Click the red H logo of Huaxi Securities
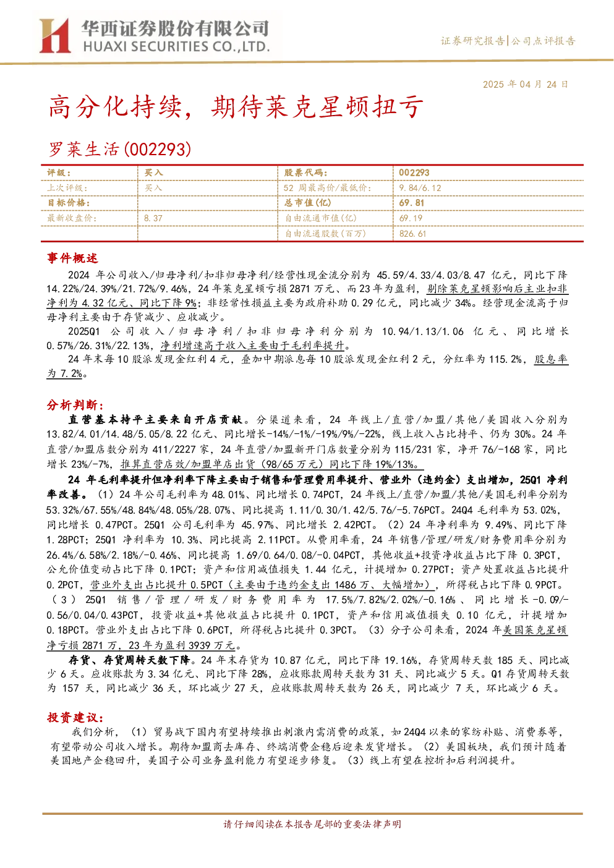(54, 36)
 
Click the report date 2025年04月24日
(525, 85)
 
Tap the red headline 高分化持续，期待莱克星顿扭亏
(236, 108)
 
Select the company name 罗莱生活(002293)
(120, 149)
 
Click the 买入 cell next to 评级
(153, 173)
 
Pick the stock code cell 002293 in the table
(414, 173)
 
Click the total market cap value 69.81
(412, 203)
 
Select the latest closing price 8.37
(153, 218)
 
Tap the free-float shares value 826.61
(412, 234)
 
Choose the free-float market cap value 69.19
(411, 218)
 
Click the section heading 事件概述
(72, 258)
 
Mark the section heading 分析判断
(75, 405)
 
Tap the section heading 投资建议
(75, 718)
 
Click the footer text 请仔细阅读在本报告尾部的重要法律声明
(312, 824)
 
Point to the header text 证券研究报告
(472, 41)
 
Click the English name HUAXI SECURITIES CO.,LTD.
(176, 47)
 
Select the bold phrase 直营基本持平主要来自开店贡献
(155, 420)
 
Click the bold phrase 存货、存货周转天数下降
(129, 660)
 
